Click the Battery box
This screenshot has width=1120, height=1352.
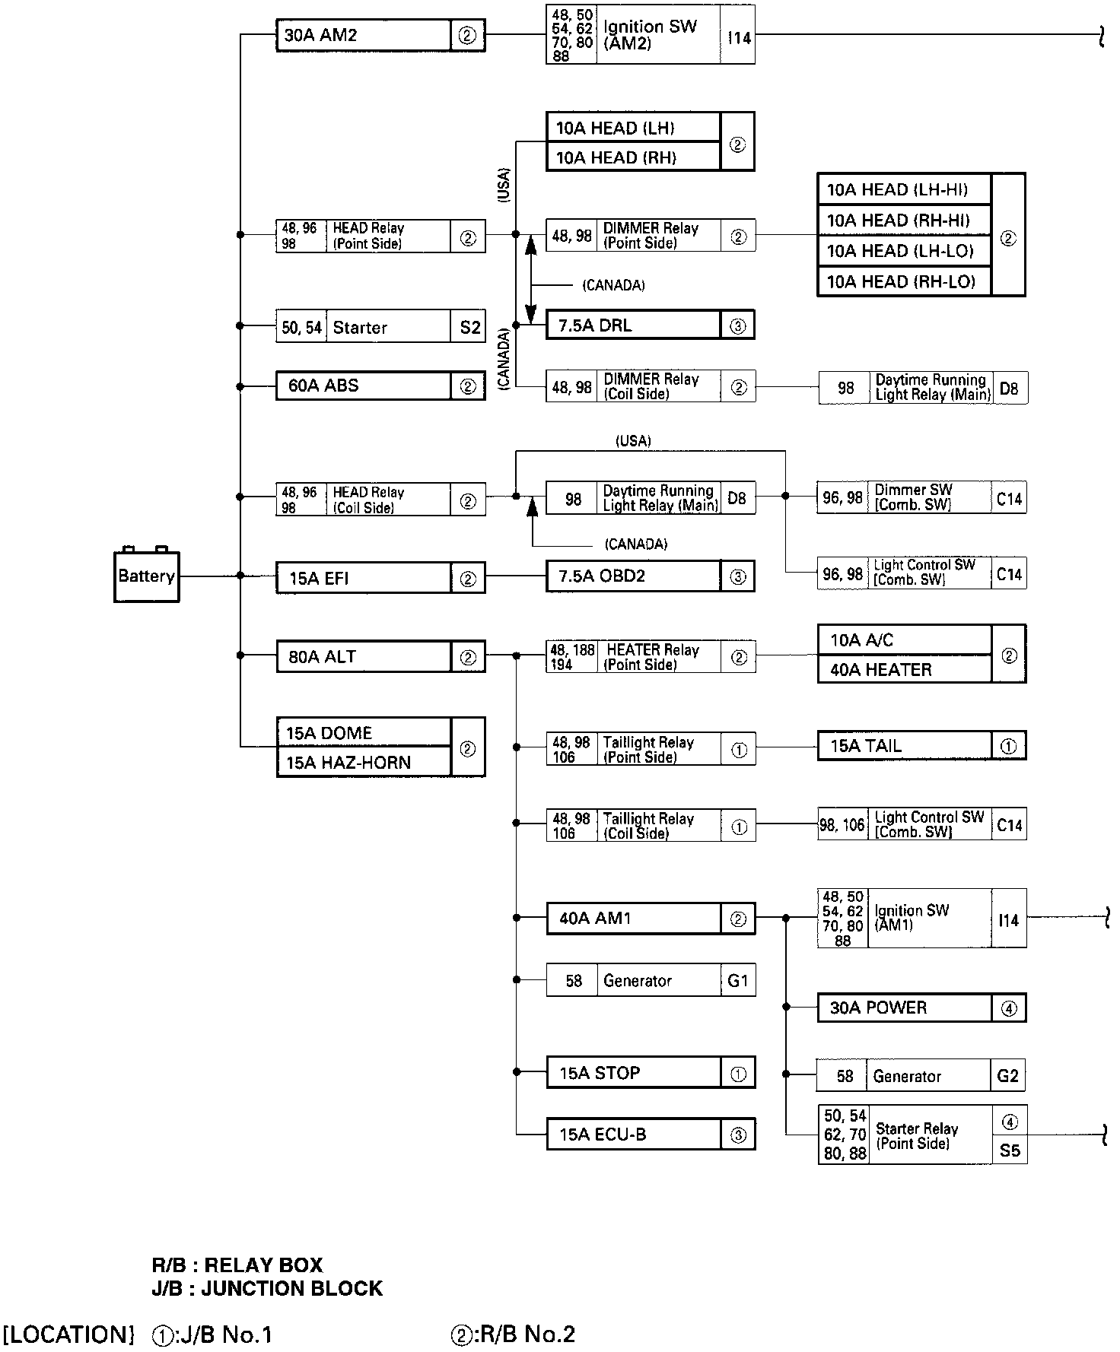pos(147,576)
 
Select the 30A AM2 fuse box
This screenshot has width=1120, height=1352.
pos(380,36)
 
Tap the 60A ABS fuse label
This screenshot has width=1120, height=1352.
pos(323,386)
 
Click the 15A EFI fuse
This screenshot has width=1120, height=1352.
pos(380,578)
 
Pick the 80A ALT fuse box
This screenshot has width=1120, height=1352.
pos(380,656)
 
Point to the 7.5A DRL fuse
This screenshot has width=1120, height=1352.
pos(651,325)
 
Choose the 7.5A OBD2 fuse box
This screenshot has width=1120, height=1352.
pos(651,576)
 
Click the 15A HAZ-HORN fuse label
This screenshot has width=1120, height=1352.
pos(348,763)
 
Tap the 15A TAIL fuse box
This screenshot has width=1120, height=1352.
pos(922,745)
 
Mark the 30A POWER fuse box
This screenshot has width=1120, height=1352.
pos(922,1008)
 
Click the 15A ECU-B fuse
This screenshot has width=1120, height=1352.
pos(651,1135)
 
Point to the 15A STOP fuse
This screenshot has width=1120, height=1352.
pos(651,1073)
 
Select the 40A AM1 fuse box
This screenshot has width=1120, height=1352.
pos(651,918)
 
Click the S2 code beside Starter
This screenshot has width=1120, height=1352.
pos(470,327)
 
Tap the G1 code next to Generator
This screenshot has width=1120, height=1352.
pos(738,980)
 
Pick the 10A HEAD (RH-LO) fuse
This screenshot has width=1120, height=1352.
pos(905,281)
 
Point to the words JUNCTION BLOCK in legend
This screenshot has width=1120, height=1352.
pos(292,1288)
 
